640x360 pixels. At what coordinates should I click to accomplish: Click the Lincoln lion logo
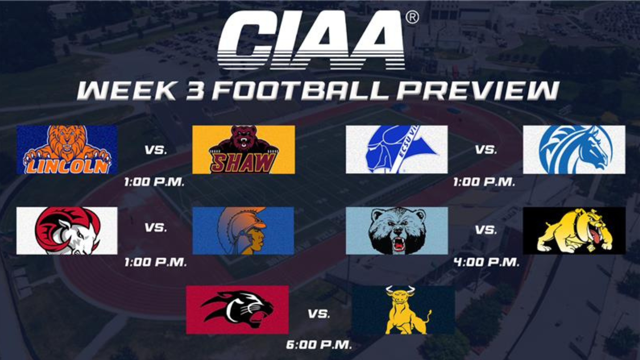[x=67, y=150]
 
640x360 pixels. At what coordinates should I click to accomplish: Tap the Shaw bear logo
[x=244, y=150]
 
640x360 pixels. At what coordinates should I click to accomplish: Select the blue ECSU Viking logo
[x=397, y=150]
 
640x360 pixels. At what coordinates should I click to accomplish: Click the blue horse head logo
[x=574, y=150]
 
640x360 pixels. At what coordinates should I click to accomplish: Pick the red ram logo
[x=67, y=231]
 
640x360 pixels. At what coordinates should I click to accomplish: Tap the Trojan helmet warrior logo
[x=243, y=231]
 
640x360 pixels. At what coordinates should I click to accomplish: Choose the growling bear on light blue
[x=397, y=231]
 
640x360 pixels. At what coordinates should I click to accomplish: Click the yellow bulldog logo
[x=574, y=231]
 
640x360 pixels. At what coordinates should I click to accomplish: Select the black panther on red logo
[x=237, y=310]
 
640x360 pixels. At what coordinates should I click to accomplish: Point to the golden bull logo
[x=403, y=310]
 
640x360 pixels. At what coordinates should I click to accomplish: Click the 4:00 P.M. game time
[x=486, y=262]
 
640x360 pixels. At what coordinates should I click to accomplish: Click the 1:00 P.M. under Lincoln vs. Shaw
[x=154, y=182]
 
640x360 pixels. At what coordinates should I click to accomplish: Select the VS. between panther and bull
[x=319, y=314]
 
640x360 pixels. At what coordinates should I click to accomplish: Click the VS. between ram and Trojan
[x=156, y=228]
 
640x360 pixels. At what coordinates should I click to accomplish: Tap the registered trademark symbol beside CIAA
[x=412, y=18]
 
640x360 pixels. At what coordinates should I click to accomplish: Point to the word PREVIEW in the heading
[x=478, y=90]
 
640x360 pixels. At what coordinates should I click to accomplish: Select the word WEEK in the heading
[x=127, y=90]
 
